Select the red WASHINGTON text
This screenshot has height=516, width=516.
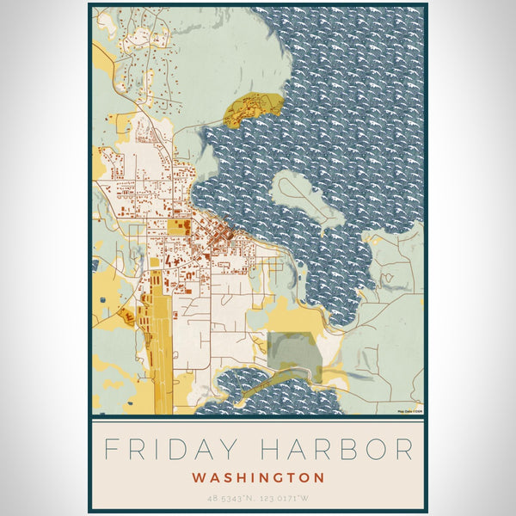tap(258, 477)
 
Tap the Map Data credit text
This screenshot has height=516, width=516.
tap(408, 412)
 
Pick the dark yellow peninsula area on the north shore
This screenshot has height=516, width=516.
tap(252, 109)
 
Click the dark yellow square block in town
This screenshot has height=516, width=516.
tap(178, 227)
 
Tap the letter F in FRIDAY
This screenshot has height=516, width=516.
tap(110, 449)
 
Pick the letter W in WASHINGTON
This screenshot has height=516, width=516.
tap(198, 477)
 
